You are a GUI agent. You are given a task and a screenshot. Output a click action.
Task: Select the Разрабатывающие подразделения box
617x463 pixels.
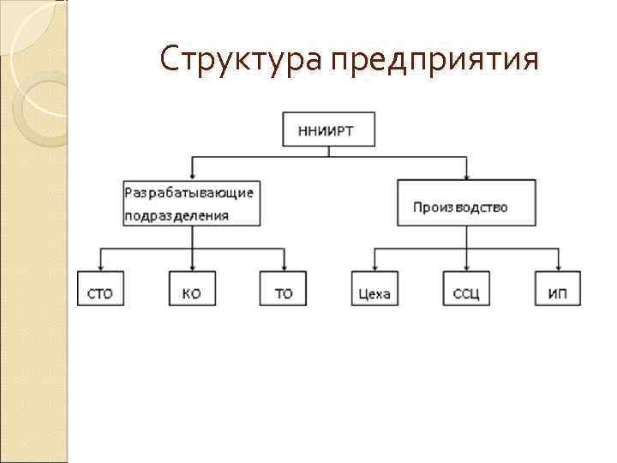pyautogui.click(x=192, y=202)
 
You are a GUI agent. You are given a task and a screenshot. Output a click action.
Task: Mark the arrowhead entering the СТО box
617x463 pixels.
pyautogui.click(x=100, y=267)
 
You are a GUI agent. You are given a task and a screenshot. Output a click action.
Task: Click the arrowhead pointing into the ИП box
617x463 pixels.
pyautogui.click(x=558, y=267)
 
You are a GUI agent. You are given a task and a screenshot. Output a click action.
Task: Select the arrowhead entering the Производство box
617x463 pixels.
pyautogui.click(x=466, y=175)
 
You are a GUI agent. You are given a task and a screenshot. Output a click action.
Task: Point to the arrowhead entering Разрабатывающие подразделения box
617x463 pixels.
pyautogui.click(x=192, y=175)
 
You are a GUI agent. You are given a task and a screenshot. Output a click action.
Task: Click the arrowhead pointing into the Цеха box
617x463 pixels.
pyautogui.click(x=374, y=267)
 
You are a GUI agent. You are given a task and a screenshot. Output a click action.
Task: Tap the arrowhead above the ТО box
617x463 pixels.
pyautogui.click(x=284, y=267)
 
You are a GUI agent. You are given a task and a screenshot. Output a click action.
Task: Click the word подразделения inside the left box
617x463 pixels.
pyautogui.click(x=177, y=215)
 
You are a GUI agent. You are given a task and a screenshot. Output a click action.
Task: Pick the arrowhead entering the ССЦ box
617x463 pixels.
pyautogui.click(x=466, y=267)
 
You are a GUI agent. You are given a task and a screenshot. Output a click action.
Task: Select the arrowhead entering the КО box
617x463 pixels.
pyautogui.click(x=192, y=267)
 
